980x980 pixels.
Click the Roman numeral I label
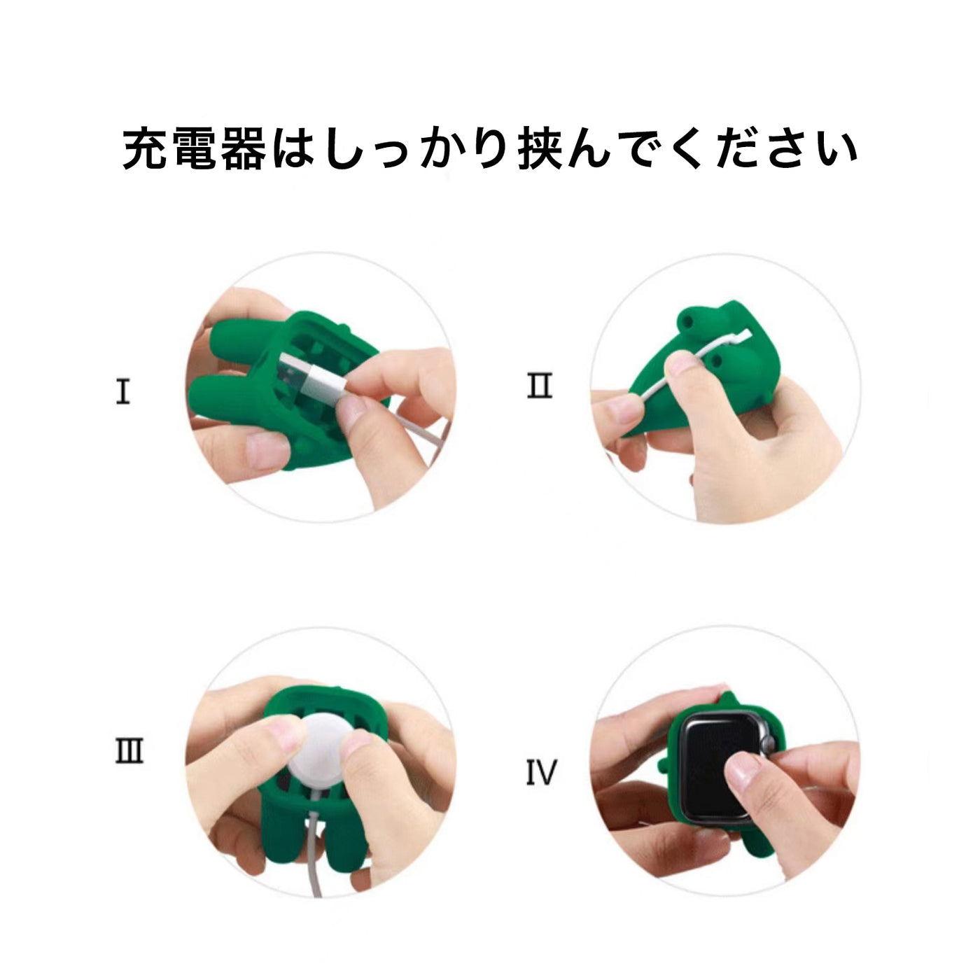coord(123,391)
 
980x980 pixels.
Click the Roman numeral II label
coord(540,386)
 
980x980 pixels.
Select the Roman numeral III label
coord(129,750)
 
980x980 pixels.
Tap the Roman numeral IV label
coord(541,773)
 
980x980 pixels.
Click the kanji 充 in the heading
coord(145,148)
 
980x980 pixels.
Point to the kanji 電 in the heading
coord(194,148)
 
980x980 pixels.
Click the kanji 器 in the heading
coord(243,148)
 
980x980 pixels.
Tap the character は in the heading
coord(293,150)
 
